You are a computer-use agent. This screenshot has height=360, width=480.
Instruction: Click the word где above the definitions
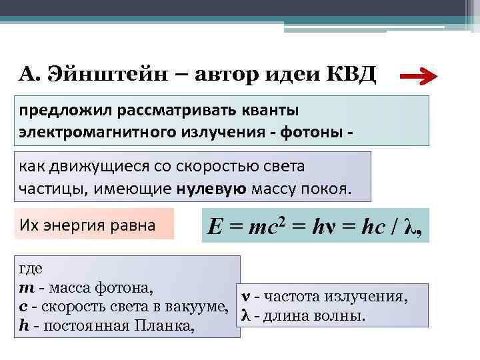[31, 269]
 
